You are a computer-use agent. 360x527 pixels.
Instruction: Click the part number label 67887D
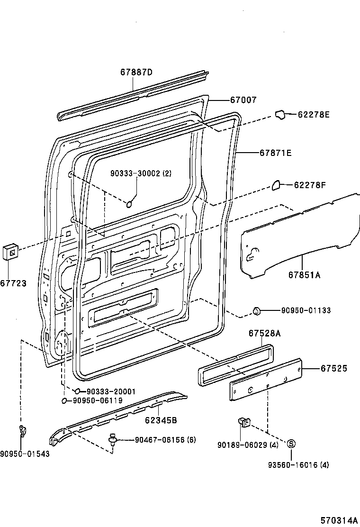[136, 72]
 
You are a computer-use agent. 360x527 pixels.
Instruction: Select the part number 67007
[243, 100]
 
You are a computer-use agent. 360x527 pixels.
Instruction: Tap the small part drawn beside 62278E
[280, 115]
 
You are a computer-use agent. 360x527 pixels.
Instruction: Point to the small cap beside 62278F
[276, 184]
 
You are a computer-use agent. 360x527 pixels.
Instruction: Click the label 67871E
[275, 153]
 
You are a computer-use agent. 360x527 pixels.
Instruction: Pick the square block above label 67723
[11, 252]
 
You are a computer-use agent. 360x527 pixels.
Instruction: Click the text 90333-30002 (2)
[141, 173]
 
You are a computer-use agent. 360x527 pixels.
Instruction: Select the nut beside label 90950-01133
[257, 311]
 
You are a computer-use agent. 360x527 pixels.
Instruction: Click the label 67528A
[264, 334]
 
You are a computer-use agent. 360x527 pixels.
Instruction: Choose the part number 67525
[334, 368]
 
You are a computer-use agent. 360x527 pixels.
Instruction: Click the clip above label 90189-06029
[244, 422]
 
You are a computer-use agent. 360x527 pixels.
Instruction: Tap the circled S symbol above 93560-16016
[291, 444]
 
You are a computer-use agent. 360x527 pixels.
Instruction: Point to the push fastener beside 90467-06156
[113, 439]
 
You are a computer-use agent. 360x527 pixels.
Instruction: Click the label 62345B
[161, 420]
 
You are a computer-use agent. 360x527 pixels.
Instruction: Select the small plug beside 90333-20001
[77, 391]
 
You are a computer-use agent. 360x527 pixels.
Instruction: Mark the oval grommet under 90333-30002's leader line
[129, 204]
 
